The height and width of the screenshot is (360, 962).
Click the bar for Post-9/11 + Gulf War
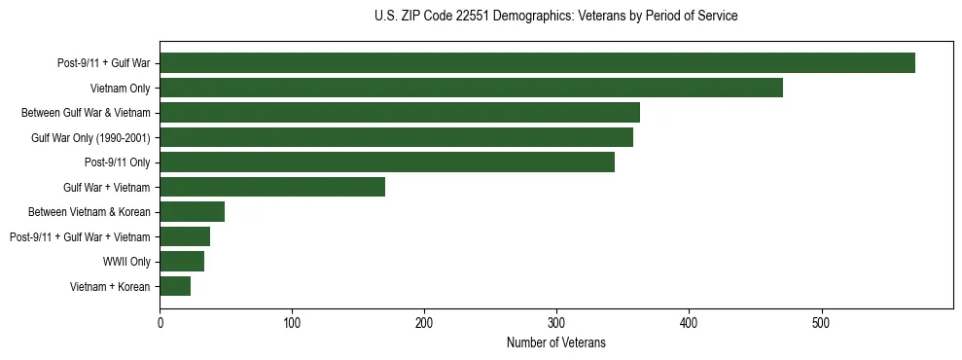point(537,63)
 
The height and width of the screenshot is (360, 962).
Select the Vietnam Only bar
point(471,88)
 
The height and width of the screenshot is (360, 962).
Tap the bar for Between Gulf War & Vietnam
point(400,113)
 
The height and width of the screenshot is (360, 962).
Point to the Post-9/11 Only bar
point(387,162)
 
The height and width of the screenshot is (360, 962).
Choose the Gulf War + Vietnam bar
point(272,187)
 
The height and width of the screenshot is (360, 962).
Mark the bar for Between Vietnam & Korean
point(192,212)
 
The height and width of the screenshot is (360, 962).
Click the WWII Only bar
point(182,262)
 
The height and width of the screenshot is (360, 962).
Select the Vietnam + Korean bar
point(175,286)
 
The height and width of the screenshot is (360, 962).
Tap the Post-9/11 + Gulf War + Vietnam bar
point(185,236)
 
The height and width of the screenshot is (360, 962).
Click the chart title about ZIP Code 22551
point(555,17)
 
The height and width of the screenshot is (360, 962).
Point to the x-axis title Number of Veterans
point(555,342)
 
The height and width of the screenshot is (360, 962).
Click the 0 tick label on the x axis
point(160,322)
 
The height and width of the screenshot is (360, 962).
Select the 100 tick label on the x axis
point(292,322)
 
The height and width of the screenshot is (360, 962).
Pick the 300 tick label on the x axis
point(556,322)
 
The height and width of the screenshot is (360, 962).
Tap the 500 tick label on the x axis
point(821,322)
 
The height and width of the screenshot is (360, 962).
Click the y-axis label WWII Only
point(126,262)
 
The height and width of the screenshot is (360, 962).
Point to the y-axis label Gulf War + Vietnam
point(107,187)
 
